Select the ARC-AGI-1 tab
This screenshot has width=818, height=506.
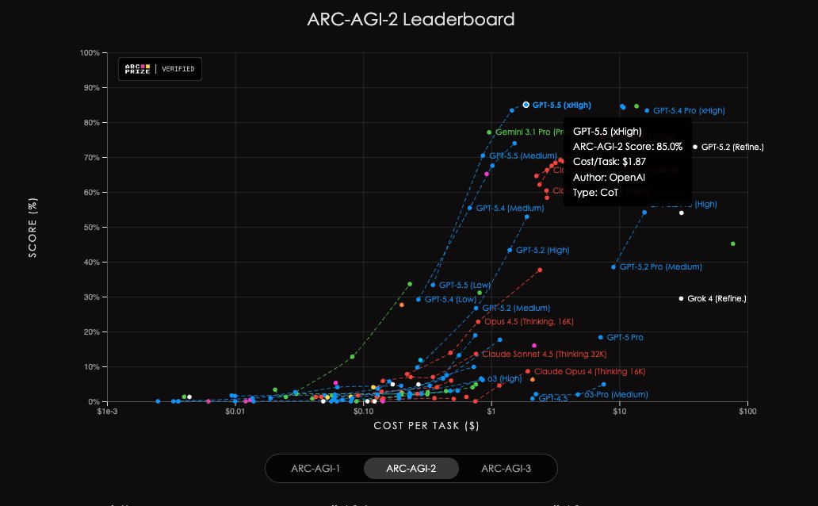(315, 469)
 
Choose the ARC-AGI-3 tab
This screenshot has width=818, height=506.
(506, 469)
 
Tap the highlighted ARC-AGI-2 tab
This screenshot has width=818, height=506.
(411, 469)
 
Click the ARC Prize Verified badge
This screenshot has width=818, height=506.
(160, 69)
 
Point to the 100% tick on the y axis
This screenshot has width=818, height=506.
(89, 53)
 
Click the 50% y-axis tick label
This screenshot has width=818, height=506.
(90, 228)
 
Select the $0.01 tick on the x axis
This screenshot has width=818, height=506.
(235, 412)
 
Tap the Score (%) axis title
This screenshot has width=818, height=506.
(32, 228)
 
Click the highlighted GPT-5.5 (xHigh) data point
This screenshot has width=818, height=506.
(526, 105)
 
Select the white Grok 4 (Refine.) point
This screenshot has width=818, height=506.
(681, 298)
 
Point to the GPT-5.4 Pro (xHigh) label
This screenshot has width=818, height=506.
(689, 111)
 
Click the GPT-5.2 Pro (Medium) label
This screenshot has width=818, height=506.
(660, 267)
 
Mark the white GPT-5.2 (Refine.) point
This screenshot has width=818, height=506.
(695, 147)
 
